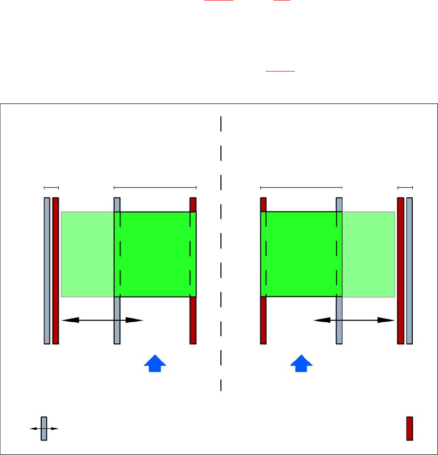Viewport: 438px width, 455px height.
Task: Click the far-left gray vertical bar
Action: [47, 270]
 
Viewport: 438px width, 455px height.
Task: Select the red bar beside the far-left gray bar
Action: [56, 270]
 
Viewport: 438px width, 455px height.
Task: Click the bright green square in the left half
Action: [155, 254]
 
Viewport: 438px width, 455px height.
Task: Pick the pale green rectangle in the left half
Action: [87, 254]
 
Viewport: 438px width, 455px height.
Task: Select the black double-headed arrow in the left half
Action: [101, 320]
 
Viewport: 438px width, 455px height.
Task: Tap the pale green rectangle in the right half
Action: [369, 254]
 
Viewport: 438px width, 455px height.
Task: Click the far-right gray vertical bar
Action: [410, 270]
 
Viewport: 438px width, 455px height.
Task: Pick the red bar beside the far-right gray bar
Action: [400, 270]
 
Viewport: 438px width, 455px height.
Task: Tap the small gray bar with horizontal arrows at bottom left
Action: [44, 428]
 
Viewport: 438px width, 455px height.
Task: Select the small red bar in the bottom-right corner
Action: [410, 428]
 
